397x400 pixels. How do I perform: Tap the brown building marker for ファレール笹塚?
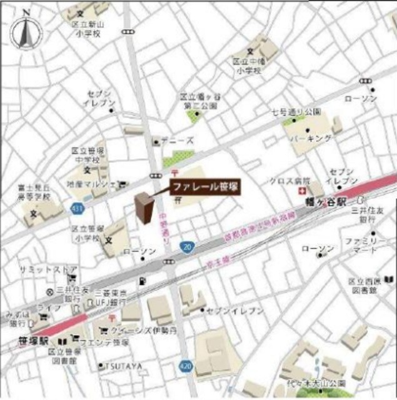[144, 209]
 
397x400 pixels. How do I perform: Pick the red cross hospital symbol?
[304, 190]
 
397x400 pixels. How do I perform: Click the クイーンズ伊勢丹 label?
[141, 329]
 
